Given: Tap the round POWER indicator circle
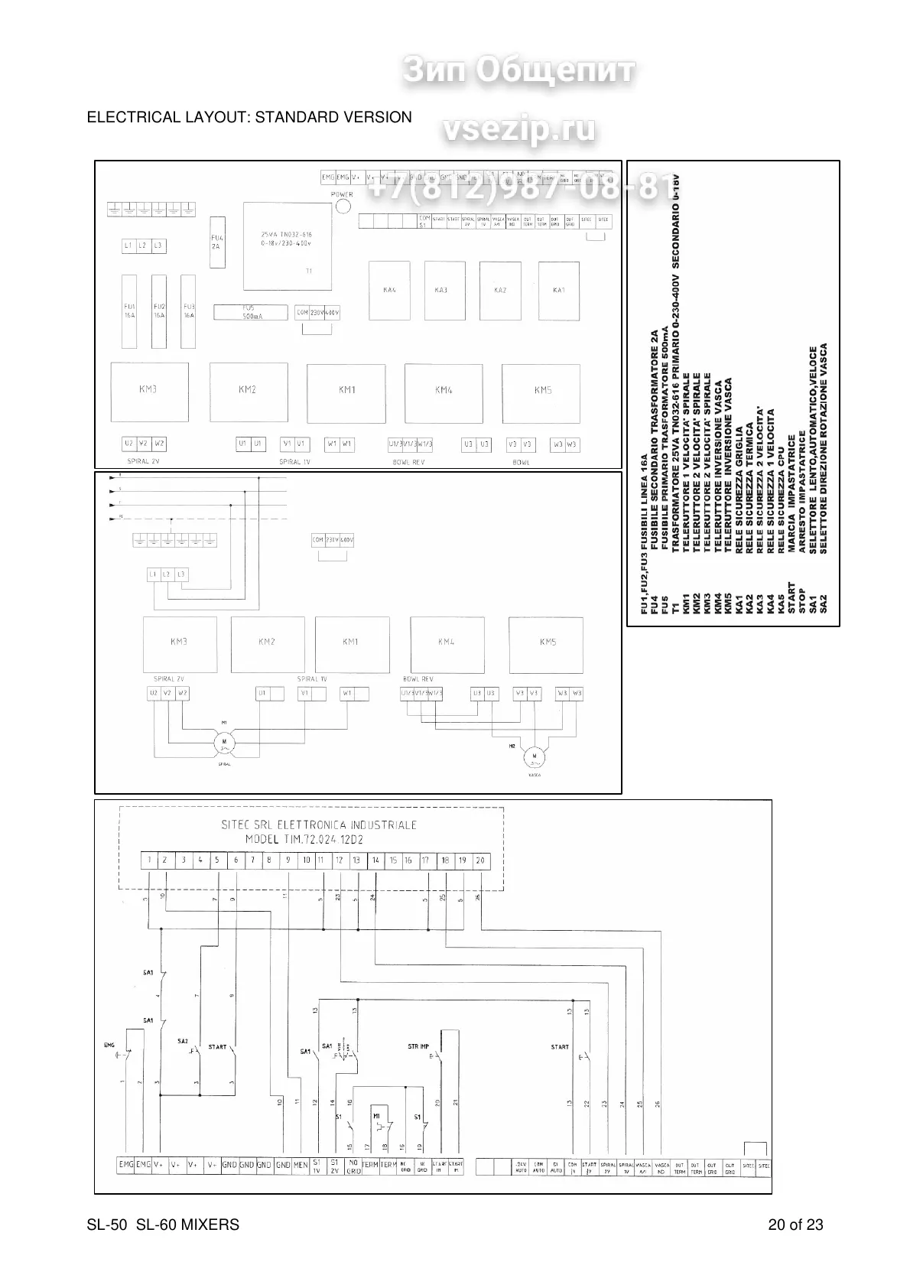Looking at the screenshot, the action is coord(343,207).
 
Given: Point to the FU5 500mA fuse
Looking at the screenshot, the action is coord(252,311).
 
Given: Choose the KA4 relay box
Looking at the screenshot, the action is coord(389,290).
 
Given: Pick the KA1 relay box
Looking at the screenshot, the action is coord(558,290).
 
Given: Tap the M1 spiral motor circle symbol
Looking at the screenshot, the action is coord(225,740).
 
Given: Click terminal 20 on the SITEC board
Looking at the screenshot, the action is coord(480,860).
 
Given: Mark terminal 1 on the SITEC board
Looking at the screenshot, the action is coord(150,860).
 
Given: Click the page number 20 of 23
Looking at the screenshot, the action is coord(795,1225).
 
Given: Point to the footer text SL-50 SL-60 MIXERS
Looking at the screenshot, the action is coord(163,1225).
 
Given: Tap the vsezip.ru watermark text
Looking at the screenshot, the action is coord(518,129).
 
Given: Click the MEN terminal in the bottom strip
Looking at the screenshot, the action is coord(301,1186).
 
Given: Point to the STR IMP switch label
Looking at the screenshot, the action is coord(418,1046).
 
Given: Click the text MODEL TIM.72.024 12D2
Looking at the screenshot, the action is coord(304,839).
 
